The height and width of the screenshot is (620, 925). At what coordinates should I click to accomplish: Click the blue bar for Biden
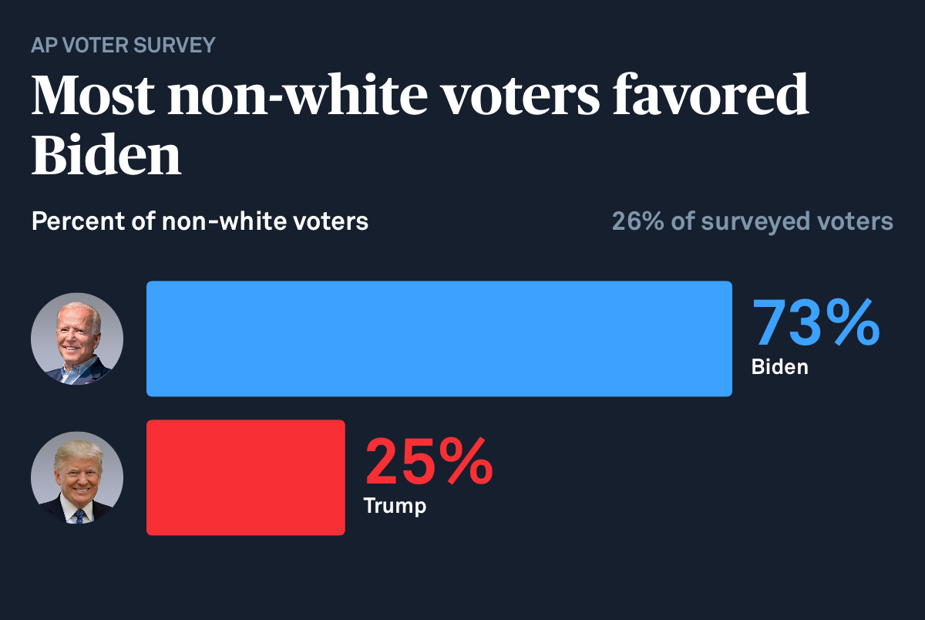tap(439, 339)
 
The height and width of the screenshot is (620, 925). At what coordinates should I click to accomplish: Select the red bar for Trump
tap(245, 477)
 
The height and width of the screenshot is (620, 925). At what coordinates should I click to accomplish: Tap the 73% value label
tap(816, 322)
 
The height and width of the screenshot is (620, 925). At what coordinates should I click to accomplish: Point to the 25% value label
tap(429, 461)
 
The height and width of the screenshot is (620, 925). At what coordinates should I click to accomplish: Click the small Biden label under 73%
tap(779, 367)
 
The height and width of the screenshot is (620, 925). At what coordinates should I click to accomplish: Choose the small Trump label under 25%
tap(394, 507)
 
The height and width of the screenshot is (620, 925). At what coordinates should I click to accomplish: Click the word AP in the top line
tap(44, 45)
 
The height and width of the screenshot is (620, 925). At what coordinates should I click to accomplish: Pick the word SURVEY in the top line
tap(174, 45)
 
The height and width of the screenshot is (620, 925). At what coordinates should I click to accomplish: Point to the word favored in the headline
tap(710, 96)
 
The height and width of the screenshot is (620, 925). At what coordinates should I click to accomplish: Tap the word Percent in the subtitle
tap(73, 222)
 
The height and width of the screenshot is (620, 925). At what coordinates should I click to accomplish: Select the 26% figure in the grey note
tap(637, 222)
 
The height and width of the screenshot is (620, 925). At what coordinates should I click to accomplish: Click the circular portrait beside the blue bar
tap(77, 339)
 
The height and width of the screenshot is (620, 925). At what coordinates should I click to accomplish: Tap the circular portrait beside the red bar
tap(77, 477)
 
